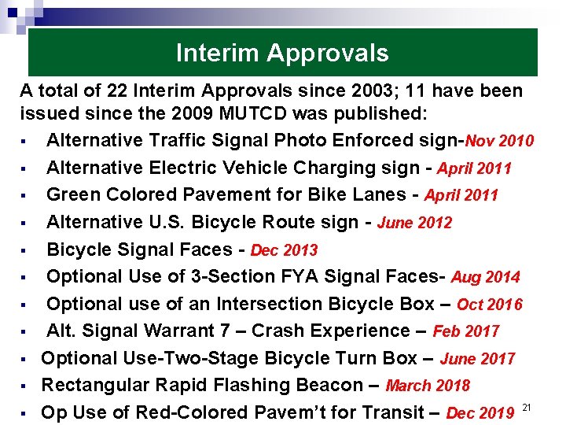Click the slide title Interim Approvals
click(282, 53)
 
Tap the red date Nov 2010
click(500, 142)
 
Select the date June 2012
click(414, 223)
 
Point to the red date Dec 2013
click(284, 250)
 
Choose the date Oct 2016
click(489, 305)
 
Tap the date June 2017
click(477, 359)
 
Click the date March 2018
click(428, 386)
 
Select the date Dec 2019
click(480, 413)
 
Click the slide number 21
click(527, 407)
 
